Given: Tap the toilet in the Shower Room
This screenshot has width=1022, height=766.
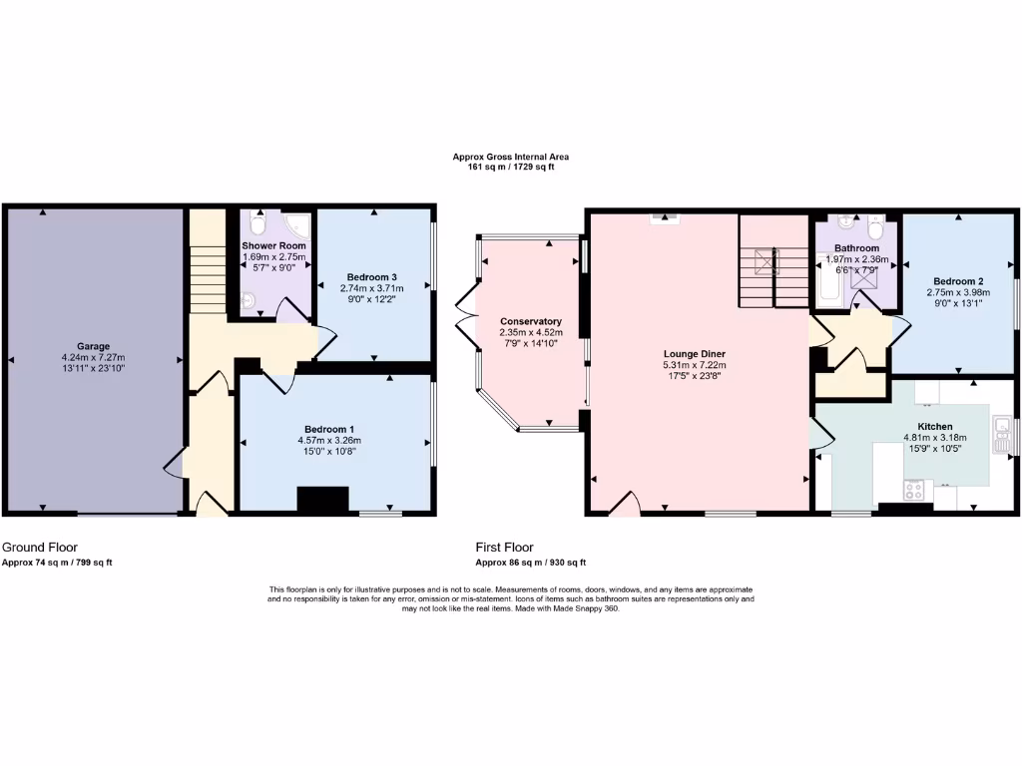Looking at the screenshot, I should click(x=257, y=225).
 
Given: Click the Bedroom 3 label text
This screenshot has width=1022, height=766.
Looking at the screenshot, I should click(x=372, y=276).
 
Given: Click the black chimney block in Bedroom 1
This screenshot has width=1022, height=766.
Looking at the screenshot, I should click(x=323, y=500).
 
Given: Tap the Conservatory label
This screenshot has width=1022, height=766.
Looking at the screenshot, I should click(x=530, y=321).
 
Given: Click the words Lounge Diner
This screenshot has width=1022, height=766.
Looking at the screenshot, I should click(x=694, y=353).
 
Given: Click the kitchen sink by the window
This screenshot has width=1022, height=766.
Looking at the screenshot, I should click(x=1001, y=431).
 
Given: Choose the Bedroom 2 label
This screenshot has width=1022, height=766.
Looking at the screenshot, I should click(x=959, y=281).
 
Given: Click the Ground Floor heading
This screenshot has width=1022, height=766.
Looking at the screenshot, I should click(x=40, y=548).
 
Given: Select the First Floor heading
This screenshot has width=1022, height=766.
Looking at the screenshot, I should click(x=504, y=548).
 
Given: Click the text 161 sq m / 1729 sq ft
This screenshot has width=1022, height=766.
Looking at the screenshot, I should click(x=510, y=167).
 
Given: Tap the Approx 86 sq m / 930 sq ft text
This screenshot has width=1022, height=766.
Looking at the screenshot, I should click(x=531, y=563).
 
